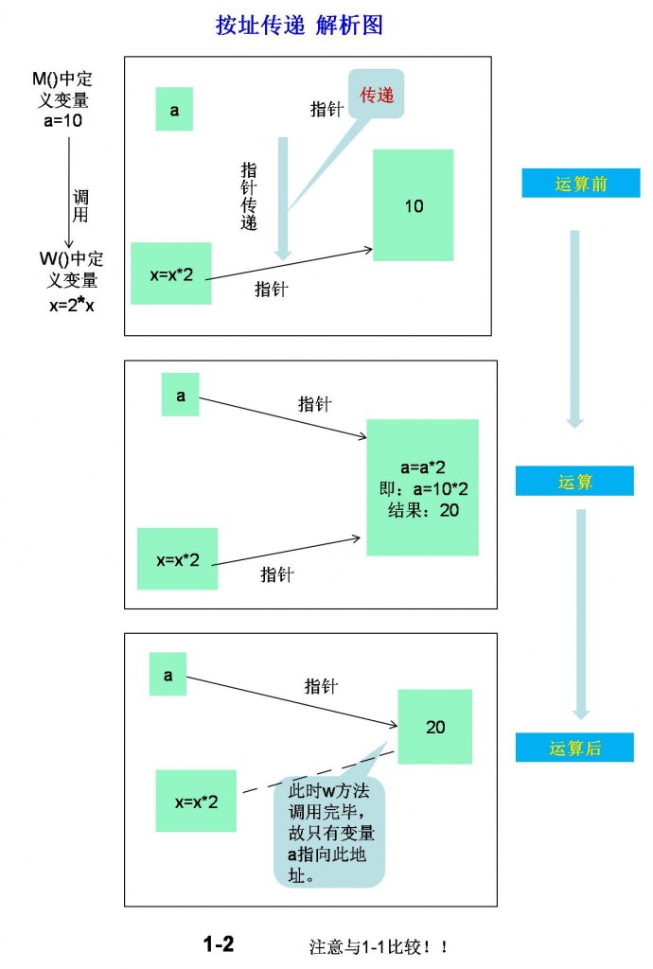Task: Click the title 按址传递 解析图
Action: tap(299, 26)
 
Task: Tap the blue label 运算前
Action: tap(580, 184)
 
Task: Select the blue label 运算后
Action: tap(574, 748)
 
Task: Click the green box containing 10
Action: tap(414, 205)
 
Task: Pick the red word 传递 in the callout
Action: tap(377, 95)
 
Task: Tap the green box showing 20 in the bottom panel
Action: tap(434, 727)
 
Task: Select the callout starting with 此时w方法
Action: tap(330, 831)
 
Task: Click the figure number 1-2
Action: tap(218, 943)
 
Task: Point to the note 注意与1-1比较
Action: tap(378, 945)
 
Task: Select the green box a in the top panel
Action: tap(174, 110)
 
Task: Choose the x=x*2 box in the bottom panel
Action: tap(196, 802)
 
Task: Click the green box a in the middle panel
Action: tap(181, 396)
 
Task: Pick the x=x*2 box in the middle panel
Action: tap(178, 559)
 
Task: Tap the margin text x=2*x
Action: tap(72, 305)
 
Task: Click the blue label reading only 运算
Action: tap(574, 482)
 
